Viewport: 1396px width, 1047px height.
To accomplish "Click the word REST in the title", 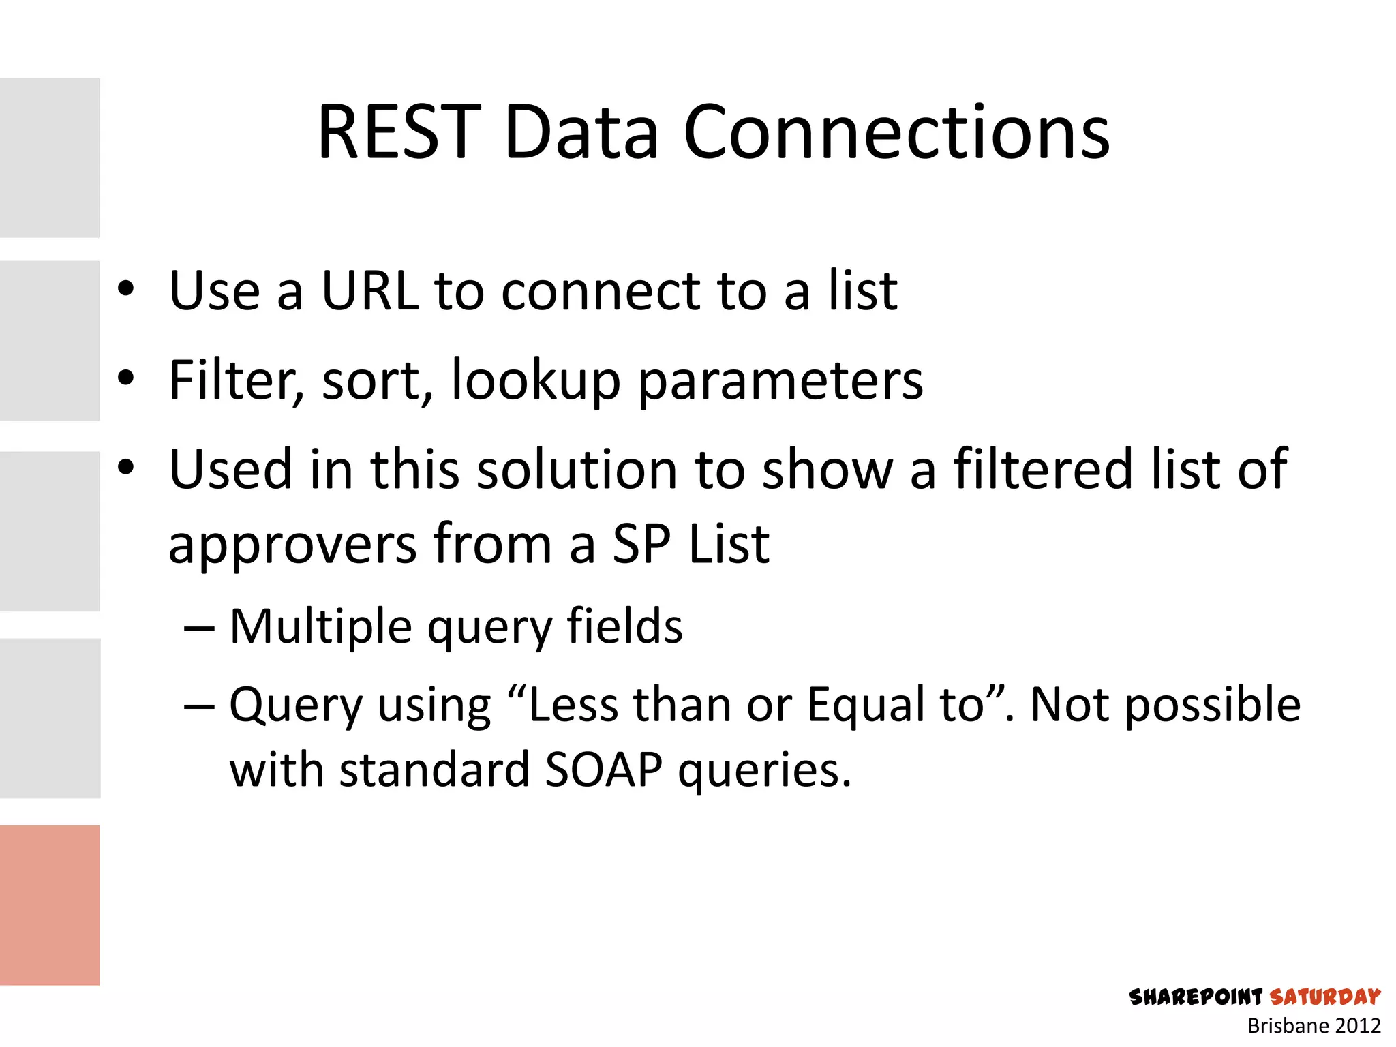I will (x=399, y=133).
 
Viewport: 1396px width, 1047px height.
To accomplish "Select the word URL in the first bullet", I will (x=369, y=292).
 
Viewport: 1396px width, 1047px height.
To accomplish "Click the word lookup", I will (x=536, y=380).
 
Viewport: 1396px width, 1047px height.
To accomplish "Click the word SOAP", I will (x=603, y=770).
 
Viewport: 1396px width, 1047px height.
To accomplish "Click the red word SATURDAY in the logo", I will (x=1325, y=997).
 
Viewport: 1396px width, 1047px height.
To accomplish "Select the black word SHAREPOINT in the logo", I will (x=1196, y=997).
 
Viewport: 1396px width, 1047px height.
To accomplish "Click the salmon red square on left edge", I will (x=50, y=905).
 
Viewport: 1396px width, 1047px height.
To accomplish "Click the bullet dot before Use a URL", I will (x=125, y=289).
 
